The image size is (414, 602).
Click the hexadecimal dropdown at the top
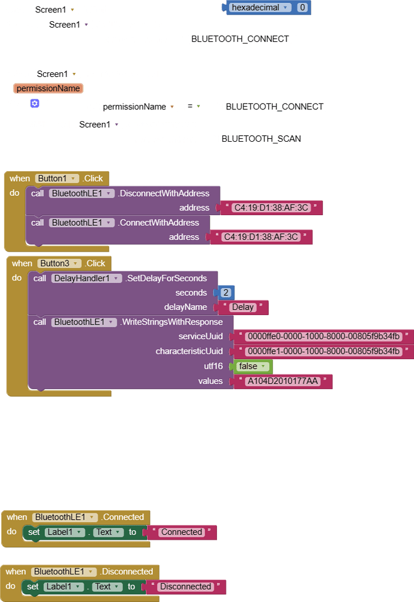261,8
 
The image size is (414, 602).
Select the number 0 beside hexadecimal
302,8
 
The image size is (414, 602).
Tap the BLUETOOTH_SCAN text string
261,139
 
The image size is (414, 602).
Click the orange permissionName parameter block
48,89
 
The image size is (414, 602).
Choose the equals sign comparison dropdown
194,106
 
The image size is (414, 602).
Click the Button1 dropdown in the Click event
57,179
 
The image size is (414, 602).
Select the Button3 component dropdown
58,263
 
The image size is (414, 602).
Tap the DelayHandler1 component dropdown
86,278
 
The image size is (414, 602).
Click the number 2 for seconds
225,293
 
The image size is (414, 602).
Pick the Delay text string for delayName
242,307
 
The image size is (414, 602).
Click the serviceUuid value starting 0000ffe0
323,337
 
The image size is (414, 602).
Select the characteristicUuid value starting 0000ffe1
323,352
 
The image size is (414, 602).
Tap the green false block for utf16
252,366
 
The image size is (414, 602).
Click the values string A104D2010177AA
283,382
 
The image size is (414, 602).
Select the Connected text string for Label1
181,533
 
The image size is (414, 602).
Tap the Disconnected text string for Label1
185,587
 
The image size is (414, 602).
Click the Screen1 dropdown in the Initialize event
55,10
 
